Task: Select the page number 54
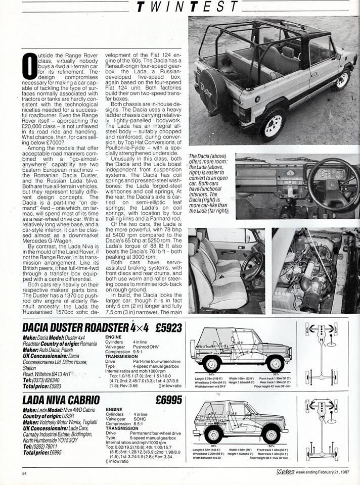[x=24, y=473]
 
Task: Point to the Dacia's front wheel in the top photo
[x=342, y=79]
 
